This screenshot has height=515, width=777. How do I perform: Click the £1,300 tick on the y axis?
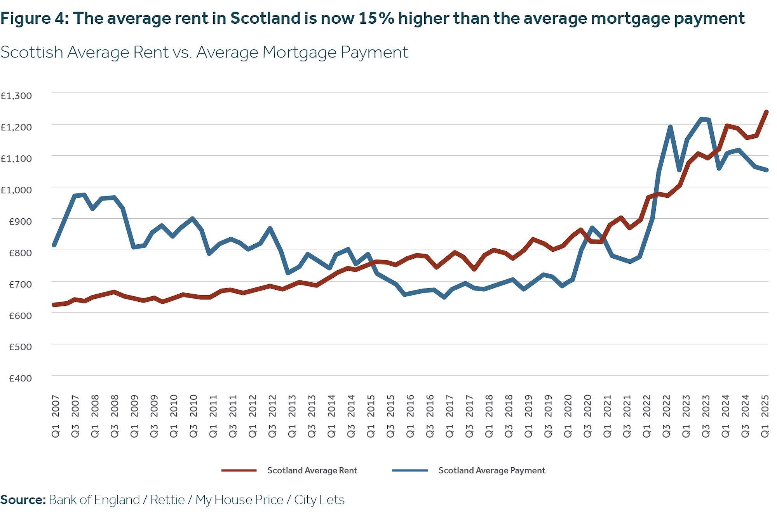click(x=16, y=96)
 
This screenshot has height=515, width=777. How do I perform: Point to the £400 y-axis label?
click(x=20, y=378)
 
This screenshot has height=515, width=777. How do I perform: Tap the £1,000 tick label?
click(x=16, y=190)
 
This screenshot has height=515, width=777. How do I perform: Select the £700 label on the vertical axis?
click(x=20, y=284)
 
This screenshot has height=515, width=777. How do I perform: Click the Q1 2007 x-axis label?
click(x=56, y=416)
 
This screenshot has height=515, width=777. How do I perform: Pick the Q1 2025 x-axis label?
click(x=765, y=416)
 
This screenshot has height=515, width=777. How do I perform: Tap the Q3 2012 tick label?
click(x=272, y=416)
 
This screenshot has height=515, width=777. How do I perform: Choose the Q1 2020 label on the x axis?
click(x=568, y=416)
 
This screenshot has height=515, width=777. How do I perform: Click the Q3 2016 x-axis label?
click(x=430, y=416)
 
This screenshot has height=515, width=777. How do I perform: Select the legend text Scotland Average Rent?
click(x=312, y=470)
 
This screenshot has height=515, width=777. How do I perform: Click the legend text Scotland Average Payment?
click(x=491, y=470)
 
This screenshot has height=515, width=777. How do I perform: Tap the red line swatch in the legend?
click(x=239, y=470)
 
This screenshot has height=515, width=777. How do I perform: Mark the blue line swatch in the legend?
click(x=409, y=470)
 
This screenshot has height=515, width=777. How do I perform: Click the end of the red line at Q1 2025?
click(x=767, y=112)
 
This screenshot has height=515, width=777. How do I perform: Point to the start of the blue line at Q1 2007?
click(x=54, y=245)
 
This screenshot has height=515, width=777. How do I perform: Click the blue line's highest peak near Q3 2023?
click(x=702, y=119)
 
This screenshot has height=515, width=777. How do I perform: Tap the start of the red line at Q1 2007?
click(x=54, y=305)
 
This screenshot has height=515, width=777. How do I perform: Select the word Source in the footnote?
click(x=23, y=500)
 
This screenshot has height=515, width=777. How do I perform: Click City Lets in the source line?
click(x=319, y=500)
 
